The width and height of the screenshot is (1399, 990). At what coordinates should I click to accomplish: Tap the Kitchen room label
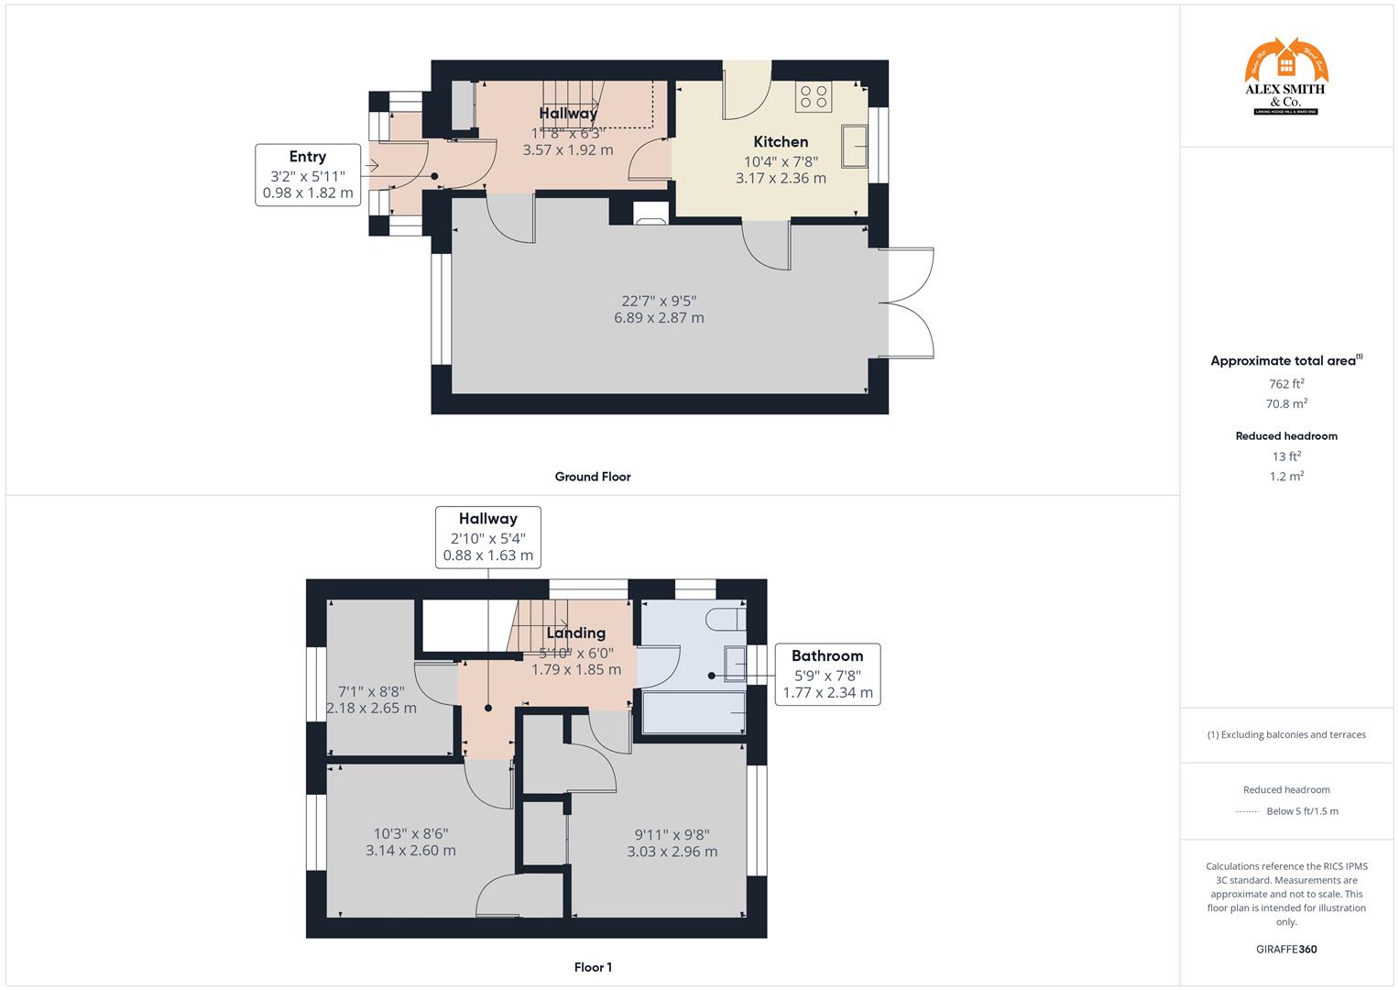click(781, 142)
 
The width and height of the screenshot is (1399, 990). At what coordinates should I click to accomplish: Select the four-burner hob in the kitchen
click(814, 97)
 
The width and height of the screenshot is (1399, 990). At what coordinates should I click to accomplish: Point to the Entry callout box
click(308, 174)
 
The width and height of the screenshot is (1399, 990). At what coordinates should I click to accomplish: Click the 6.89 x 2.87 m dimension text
click(659, 318)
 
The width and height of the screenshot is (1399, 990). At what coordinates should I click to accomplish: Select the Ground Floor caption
click(593, 477)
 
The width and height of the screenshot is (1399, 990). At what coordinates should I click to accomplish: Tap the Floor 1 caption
click(593, 967)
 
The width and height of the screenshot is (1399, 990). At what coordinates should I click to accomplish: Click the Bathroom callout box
click(827, 674)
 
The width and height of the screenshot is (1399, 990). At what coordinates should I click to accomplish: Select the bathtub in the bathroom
click(694, 713)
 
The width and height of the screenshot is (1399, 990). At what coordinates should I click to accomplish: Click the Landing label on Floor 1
click(575, 633)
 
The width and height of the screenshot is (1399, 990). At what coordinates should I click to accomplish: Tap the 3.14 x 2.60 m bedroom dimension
click(410, 851)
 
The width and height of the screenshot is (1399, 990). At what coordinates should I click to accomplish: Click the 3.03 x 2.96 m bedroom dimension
click(672, 852)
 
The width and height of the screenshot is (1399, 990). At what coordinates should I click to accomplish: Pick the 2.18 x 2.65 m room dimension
click(371, 709)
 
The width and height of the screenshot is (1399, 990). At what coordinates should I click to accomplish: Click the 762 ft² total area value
click(1286, 384)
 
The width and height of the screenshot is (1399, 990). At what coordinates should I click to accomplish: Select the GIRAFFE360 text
click(1286, 949)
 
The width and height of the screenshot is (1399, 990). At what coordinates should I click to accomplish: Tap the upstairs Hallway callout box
click(488, 537)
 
